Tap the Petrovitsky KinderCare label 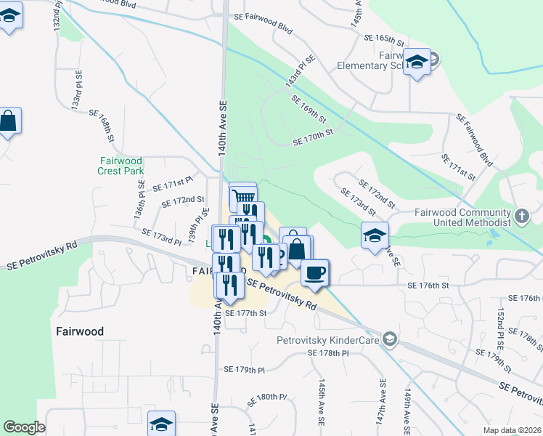328,339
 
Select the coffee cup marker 315,272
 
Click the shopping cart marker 244,196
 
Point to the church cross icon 522,216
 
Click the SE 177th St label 246,313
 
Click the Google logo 24,427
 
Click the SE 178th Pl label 328,352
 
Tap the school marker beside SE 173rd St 375,235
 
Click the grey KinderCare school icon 390,339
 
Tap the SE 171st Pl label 172,183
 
